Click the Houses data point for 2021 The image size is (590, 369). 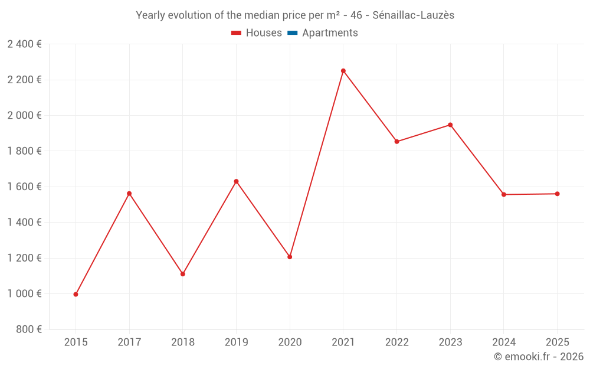tap(343, 71)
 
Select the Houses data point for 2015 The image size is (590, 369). tap(76, 294)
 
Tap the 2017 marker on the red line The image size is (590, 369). tap(129, 194)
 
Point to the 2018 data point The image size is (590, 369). tap(183, 274)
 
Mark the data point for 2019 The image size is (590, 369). tap(236, 181)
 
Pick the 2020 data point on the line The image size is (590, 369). tap(290, 257)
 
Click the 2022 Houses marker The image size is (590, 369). tap(396, 142)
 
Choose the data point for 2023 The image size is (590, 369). tap(450, 125)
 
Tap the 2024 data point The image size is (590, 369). tap(504, 194)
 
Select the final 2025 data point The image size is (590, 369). tap(557, 194)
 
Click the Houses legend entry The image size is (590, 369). tap(257, 33)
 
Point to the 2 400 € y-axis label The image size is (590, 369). tap(24, 44)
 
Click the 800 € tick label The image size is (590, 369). tap(28, 329)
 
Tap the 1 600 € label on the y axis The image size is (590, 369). tap(24, 187)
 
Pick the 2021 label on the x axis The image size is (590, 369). tap(343, 342)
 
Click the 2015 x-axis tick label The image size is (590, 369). tap(76, 342)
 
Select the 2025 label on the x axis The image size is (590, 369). tap(557, 342)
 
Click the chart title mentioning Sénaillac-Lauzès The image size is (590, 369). tap(295, 15)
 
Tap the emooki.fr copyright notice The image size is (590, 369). tap(539, 357)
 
